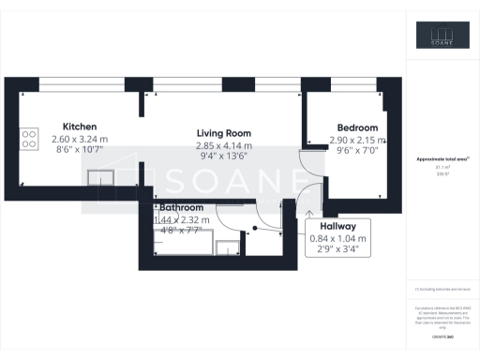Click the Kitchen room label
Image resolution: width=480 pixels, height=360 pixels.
80,127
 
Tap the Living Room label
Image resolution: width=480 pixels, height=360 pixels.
223,134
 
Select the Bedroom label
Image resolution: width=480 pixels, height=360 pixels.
357,127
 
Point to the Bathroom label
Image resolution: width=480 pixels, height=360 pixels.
181,206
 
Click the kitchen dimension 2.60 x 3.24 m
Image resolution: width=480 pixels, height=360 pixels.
80,139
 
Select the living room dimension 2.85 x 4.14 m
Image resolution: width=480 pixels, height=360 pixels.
223,146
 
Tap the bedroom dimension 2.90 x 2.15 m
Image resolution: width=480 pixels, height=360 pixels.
357,140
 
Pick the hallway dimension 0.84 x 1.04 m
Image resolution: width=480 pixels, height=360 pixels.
339,238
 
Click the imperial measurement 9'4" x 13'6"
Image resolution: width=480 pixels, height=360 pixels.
223,157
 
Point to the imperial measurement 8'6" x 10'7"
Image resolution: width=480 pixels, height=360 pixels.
80,150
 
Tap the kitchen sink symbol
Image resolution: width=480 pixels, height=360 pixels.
98,177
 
